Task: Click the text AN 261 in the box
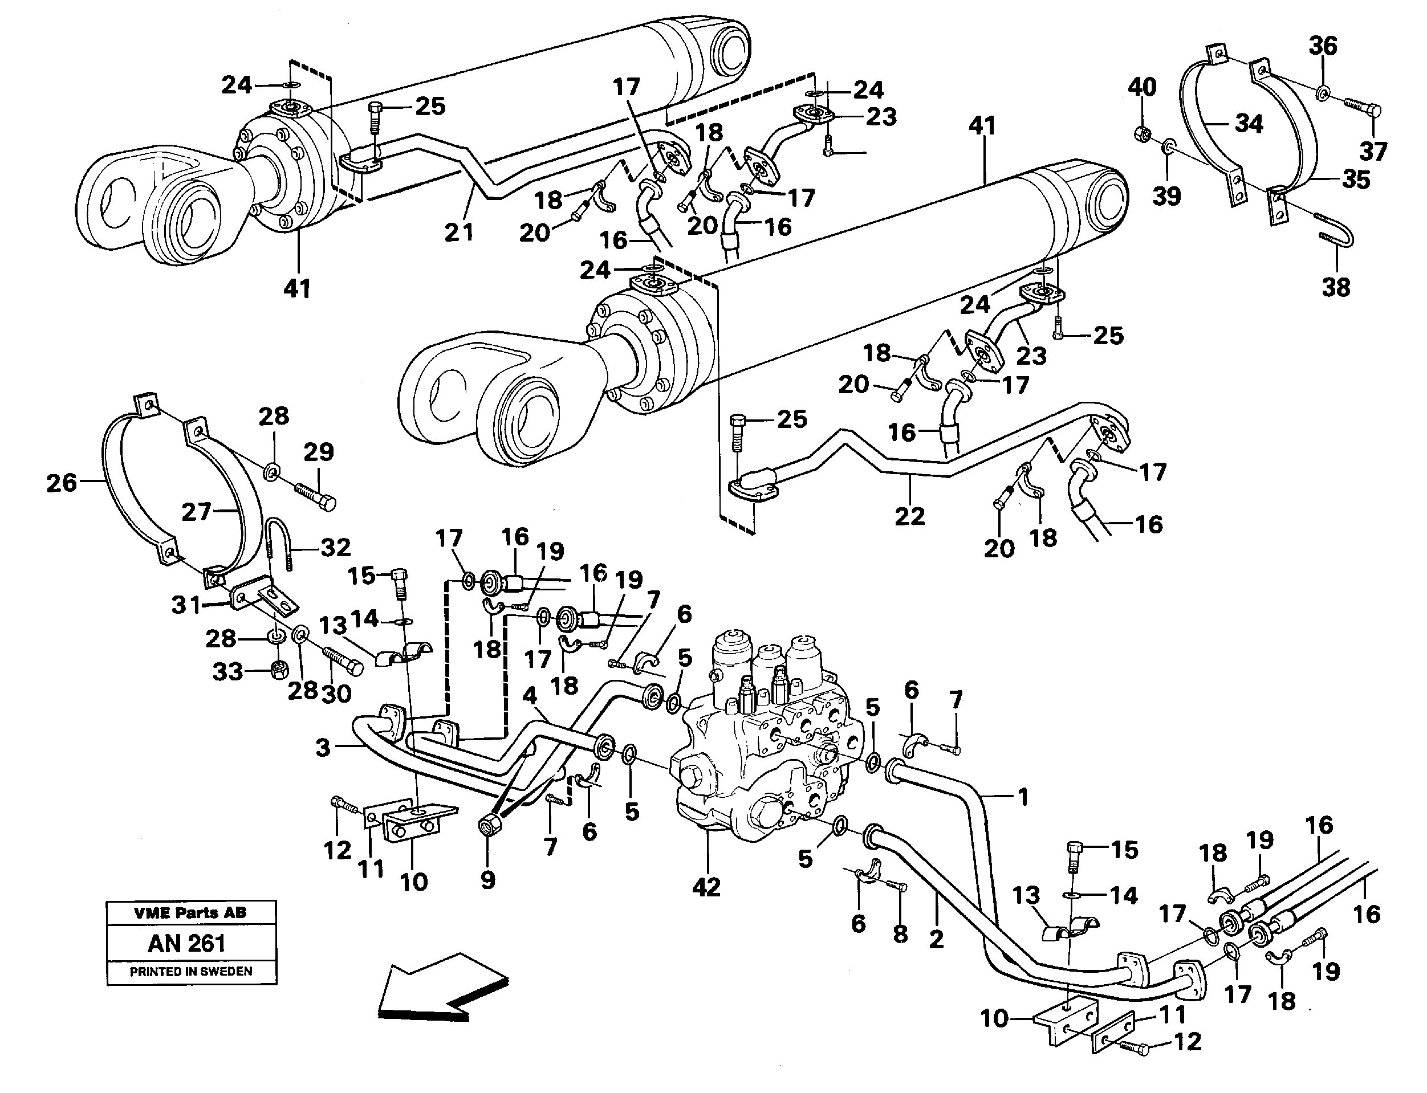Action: [x=187, y=943]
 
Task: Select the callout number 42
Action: [x=707, y=887]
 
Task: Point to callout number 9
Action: [x=488, y=880]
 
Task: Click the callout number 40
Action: [x=1142, y=87]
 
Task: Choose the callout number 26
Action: [x=62, y=483]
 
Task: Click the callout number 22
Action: [x=910, y=516]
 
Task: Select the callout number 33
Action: [x=227, y=671]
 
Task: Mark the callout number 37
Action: [x=1373, y=152]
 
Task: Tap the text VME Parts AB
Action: [x=190, y=913]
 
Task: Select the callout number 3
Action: [x=323, y=748]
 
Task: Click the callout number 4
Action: [x=530, y=696]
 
